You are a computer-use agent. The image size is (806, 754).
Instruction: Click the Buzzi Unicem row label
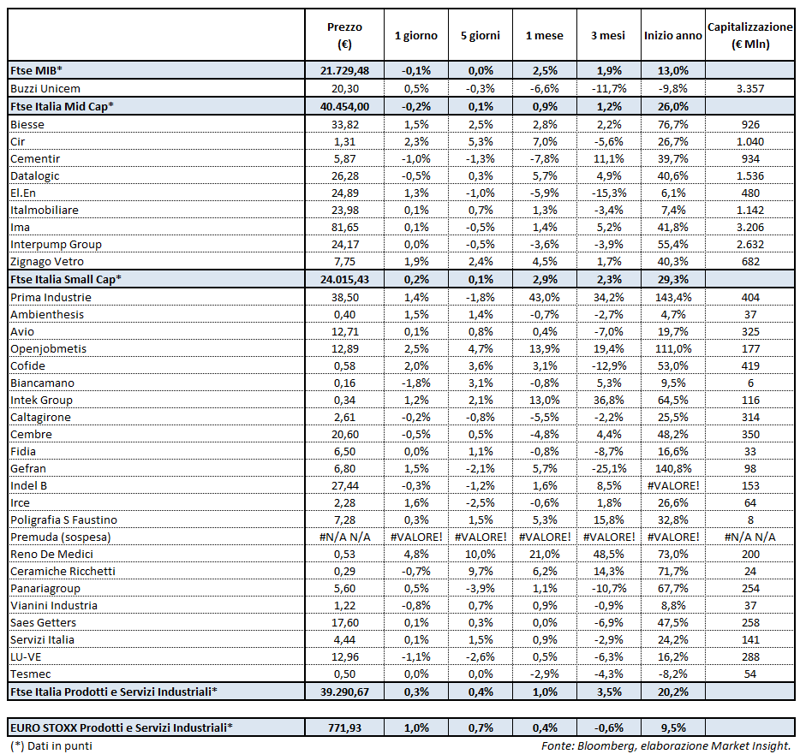coord(45,88)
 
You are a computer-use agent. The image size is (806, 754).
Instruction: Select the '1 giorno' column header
coord(415,36)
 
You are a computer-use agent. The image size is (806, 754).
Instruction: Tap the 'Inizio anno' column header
coord(672,36)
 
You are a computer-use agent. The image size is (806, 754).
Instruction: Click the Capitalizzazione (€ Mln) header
coord(750,36)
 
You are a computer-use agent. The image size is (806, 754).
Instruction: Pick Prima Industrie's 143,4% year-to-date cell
coord(672,297)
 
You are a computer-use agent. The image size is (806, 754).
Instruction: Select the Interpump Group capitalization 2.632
coord(750,244)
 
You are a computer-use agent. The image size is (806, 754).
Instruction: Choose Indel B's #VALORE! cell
coord(672,485)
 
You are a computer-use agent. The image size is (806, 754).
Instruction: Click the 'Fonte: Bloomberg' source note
coord(666,746)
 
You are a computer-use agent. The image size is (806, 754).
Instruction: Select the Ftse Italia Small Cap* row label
coord(65,279)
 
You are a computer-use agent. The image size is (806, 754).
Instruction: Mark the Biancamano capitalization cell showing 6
coord(750,383)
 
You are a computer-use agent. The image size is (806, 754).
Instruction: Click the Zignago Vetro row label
coord(46,261)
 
